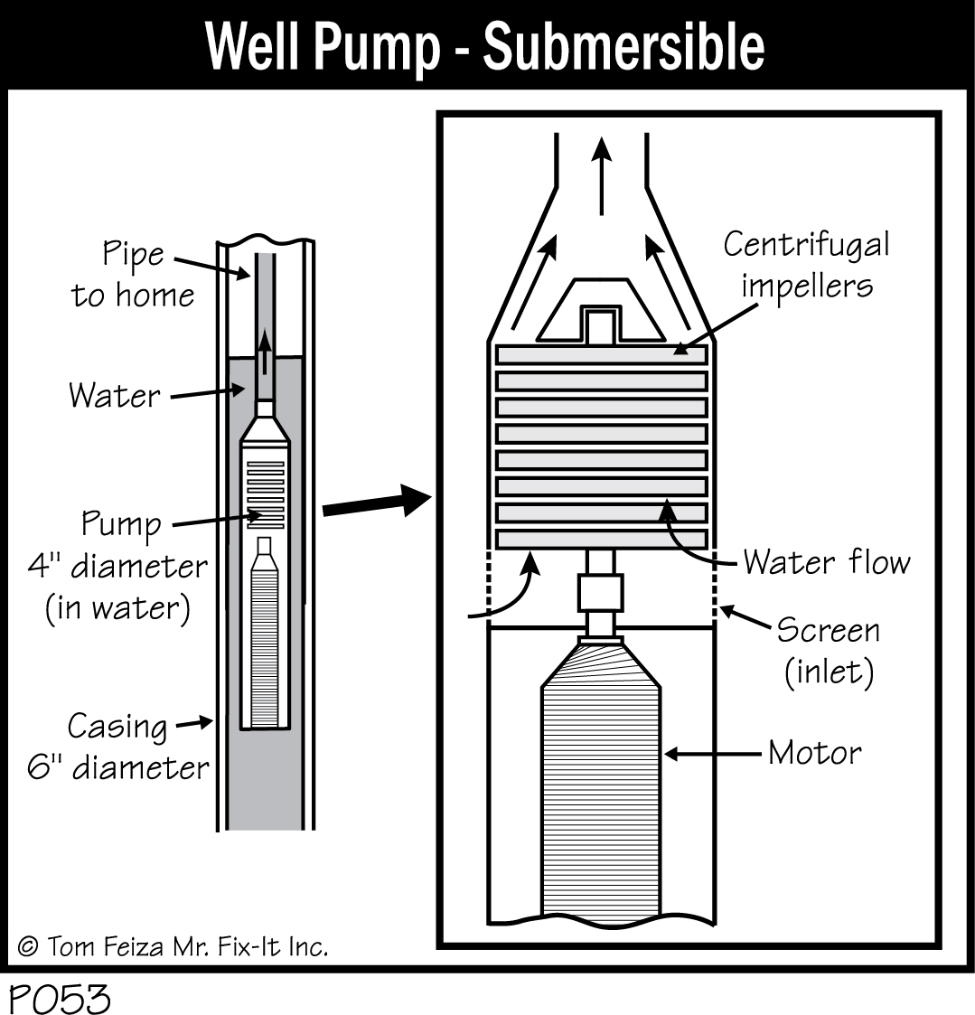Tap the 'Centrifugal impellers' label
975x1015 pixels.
coord(806,264)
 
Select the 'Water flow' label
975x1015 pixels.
coord(826,562)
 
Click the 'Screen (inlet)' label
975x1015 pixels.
coord(827,651)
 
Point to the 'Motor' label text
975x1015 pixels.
coord(814,753)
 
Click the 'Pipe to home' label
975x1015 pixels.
coord(133,274)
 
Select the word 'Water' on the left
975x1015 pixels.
coord(115,395)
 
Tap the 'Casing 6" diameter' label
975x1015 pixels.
coord(117,747)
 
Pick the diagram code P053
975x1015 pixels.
coord(60,1000)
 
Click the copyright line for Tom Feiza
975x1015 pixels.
coord(173,946)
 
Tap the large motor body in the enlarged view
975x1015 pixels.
coord(600,786)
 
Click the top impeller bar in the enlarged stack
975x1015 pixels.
coord(600,355)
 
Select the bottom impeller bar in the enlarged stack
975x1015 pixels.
coord(600,539)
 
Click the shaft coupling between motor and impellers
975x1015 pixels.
coord(600,593)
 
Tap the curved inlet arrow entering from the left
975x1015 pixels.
coord(511,597)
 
